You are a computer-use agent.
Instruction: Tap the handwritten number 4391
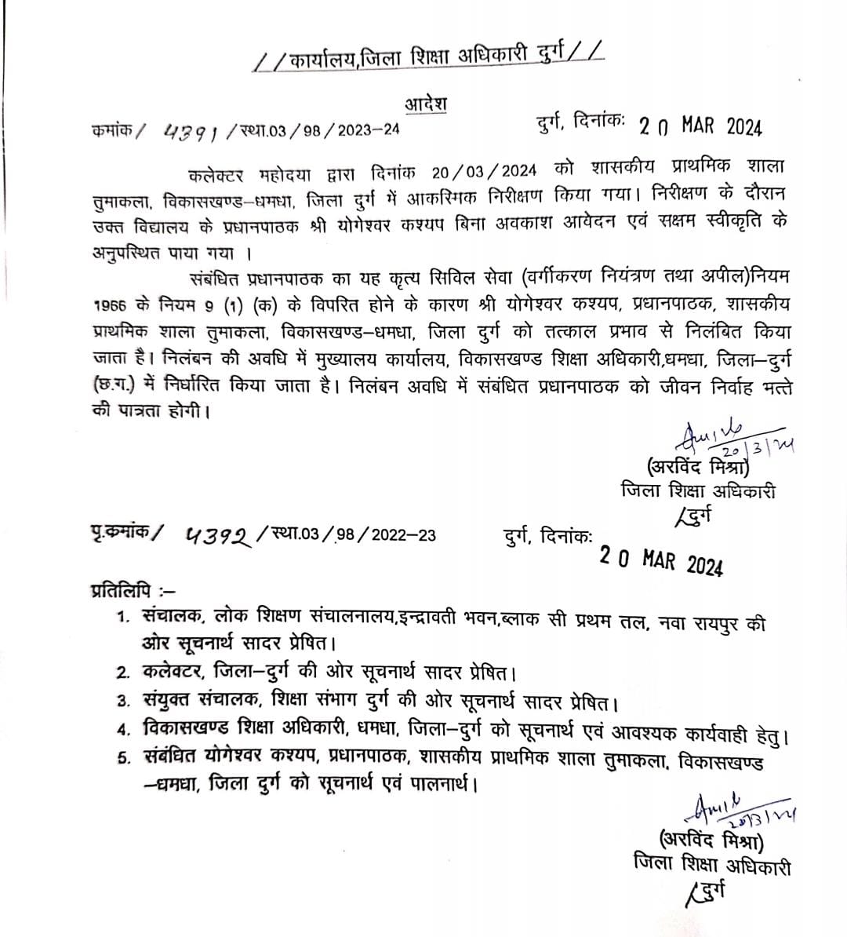point(190,131)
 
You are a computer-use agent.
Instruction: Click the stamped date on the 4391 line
point(700,126)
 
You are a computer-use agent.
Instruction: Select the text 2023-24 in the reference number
point(368,130)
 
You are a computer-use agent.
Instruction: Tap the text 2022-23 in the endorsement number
point(404,536)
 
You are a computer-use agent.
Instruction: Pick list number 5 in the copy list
point(122,760)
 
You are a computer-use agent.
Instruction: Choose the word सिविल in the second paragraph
point(453,278)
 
